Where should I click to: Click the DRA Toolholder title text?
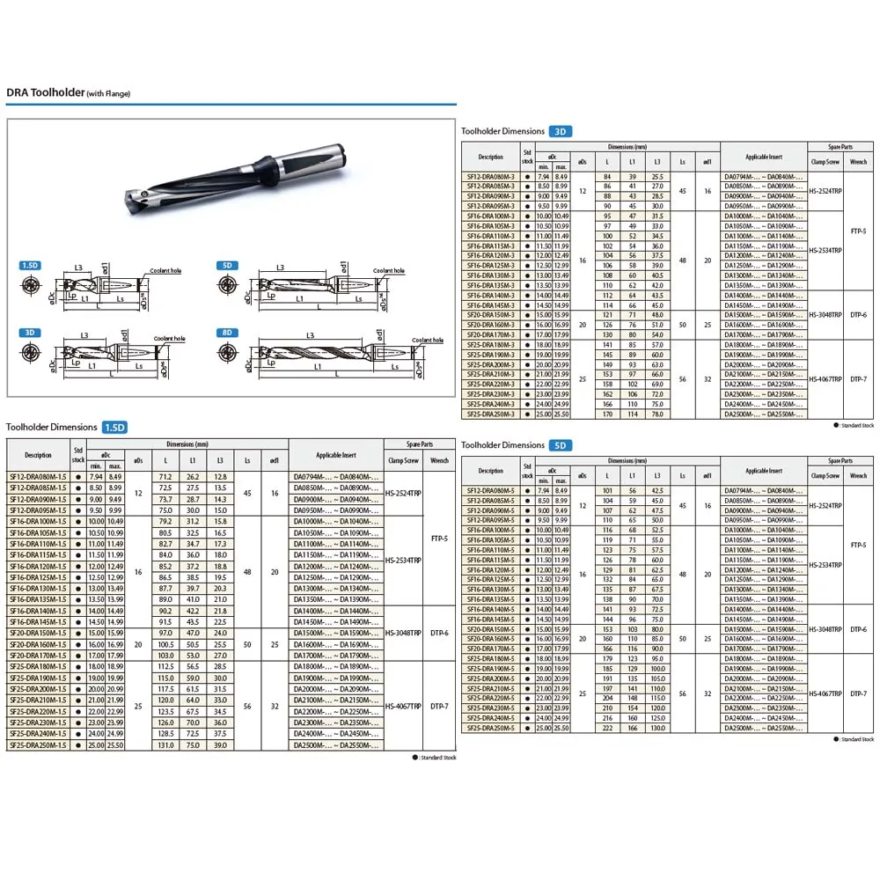pyautogui.click(x=45, y=92)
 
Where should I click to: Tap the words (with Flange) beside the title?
pyautogui.click(x=108, y=93)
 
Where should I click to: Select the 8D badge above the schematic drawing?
pyautogui.click(x=227, y=333)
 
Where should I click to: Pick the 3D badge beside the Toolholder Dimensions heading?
pyautogui.click(x=561, y=131)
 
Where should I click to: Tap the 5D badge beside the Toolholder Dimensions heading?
pyautogui.click(x=561, y=445)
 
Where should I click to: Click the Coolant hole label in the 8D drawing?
pyautogui.click(x=428, y=340)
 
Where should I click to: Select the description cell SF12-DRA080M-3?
pyautogui.click(x=490, y=177)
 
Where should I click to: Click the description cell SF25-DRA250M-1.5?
pyautogui.click(x=38, y=745)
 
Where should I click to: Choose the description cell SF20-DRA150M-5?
pyautogui.click(x=490, y=629)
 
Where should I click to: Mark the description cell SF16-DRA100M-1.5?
pyautogui.click(x=38, y=522)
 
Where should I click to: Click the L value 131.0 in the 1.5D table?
pyautogui.click(x=165, y=745)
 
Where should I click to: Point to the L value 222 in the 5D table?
pyautogui.click(x=605, y=728)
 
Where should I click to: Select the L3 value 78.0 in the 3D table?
pyautogui.click(x=656, y=414)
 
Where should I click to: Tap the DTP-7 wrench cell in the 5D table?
pyautogui.click(x=859, y=693)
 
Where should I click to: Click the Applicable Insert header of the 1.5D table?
pyautogui.click(x=336, y=455)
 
